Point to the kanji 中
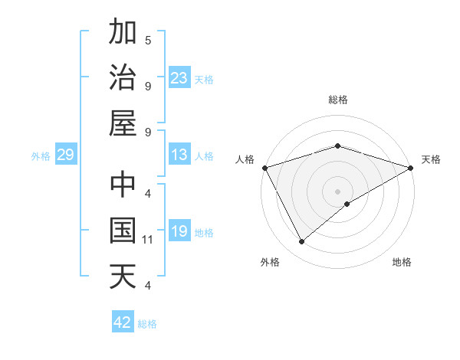click(123, 186)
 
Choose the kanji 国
click(123, 231)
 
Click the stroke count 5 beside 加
click(148, 40)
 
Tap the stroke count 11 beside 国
click(149, 240)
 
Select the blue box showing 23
click(179, 77)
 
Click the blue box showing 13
click(179, 155)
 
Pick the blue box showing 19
click(179, 231)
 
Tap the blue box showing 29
click(65, 155)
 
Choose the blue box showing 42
click(123, 322)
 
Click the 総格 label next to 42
click(147, 324)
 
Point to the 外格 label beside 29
click(41, 156)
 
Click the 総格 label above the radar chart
click(338, 100)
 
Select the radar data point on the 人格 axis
click(265, 167)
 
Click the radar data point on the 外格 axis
click(302, 241)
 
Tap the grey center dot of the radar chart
click(338, 191)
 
